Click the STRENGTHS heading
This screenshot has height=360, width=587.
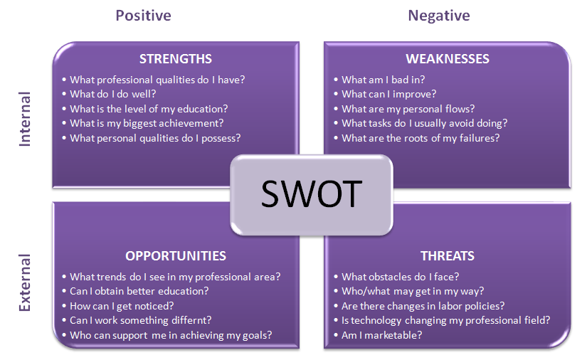pyautogui.click(x=176, y=59)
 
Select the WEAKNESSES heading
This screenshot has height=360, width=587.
pyautogui.click(x=448, y=59)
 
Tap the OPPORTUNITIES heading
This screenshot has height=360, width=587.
pyautogui.click(x=176, y=256)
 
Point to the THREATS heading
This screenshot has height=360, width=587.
pyautogui.click(x=448, y=256)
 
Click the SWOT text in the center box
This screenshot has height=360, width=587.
pyautogui.click(x=312, y=194)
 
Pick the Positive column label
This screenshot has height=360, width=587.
pyautogui.click(x=144, y=16)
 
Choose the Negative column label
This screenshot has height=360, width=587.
pyautogui.click(x=439, y=16)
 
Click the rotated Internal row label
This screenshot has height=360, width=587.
pyautogui.click(x=25, y=119)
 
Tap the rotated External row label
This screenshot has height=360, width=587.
pyautogui.click(x=25, y=282)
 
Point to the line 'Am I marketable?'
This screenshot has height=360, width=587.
pyautogui.click(x=381, y=335)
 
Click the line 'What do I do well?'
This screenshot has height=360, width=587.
pyautogui.click(x=112, y=94)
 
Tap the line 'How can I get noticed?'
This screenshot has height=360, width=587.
pyautogui.click(x=122, y=306)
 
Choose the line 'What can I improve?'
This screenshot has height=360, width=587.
pyautogui.click(x=388, y=95)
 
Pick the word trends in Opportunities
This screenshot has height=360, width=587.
pyautogui.click(x=111, y=277)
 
